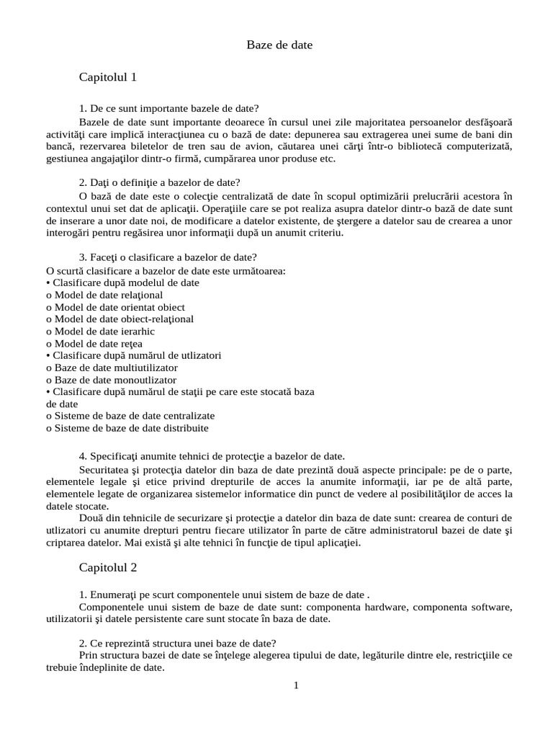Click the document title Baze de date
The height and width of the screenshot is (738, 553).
(279, 45)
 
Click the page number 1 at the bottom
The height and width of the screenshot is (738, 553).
(295, 685)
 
